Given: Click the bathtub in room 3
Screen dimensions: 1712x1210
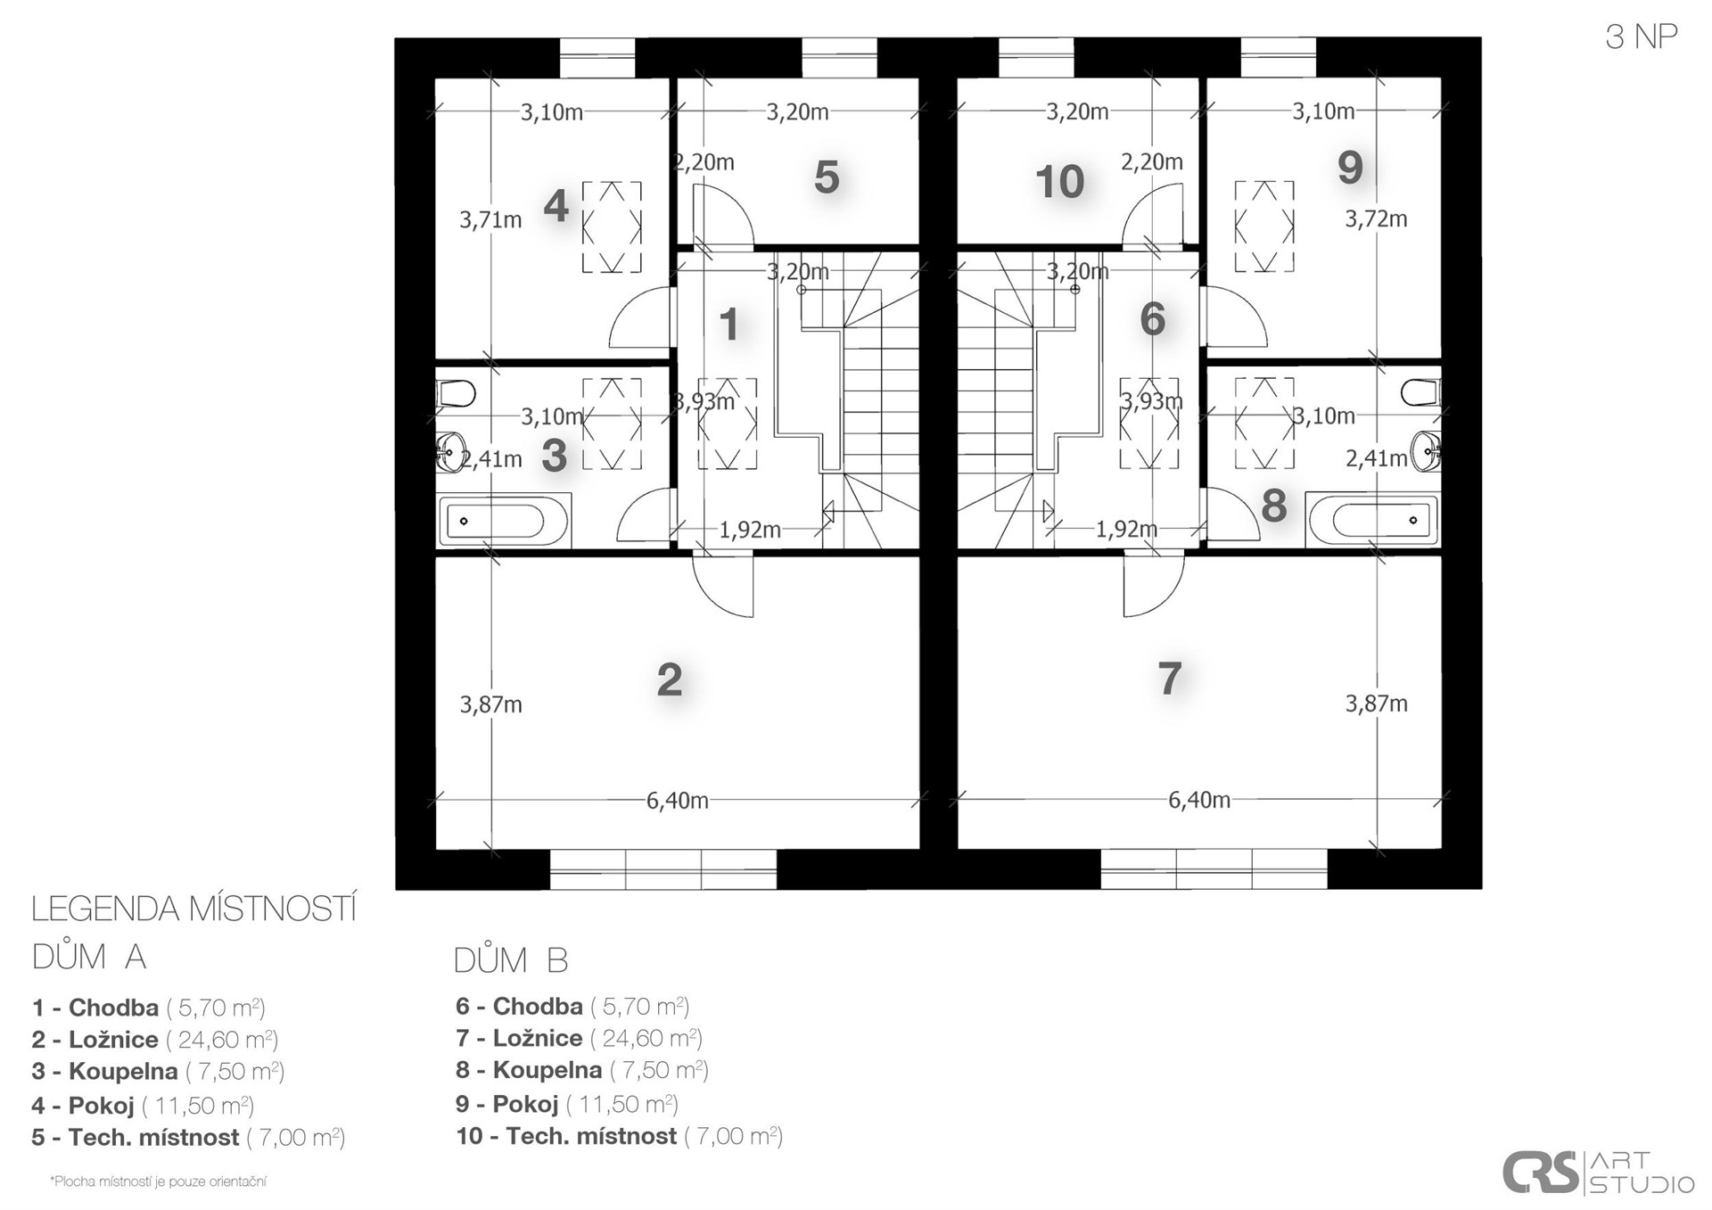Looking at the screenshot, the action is (503, 522).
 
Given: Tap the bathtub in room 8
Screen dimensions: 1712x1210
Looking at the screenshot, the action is (1372, 520).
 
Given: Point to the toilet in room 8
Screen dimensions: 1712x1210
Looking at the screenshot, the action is (1420, 392).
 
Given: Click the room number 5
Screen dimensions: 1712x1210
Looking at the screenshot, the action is (827, 177).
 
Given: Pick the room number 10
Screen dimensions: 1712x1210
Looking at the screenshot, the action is (1059, 182).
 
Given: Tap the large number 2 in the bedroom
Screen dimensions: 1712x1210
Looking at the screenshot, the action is (670, 680).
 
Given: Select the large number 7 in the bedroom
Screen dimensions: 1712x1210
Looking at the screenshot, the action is (1170, 679).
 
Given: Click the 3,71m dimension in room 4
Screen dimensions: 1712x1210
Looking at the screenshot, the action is (490, 219).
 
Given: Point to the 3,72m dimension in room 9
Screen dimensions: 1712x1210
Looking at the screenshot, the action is (1376, 218).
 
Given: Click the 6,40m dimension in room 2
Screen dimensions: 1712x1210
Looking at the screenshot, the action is (678, 801).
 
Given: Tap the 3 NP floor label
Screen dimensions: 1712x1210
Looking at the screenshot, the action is (1642, 37).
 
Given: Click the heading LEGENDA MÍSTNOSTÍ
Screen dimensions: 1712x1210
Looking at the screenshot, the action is (194, 910).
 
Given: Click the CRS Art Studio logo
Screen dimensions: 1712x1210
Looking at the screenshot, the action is (1598, 1173).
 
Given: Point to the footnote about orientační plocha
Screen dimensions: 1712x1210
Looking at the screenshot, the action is (158, 1182).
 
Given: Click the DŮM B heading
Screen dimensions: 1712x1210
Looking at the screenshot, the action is (510, 960).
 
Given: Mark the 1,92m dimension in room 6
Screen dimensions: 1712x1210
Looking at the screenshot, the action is (1126, 530).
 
